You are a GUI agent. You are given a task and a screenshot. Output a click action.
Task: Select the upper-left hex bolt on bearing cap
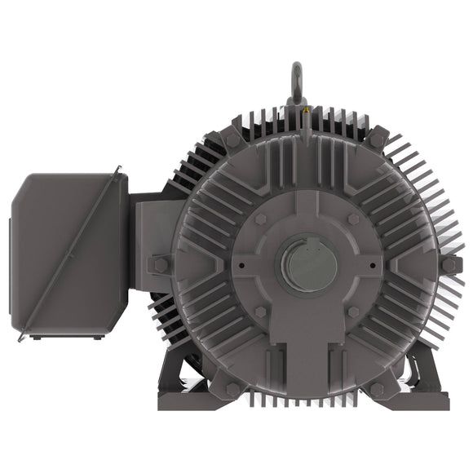click(260, 219)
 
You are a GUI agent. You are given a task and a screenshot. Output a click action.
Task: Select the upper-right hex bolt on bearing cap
click(353, 219)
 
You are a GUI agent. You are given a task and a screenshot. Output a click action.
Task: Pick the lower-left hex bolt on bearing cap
click(260, 312)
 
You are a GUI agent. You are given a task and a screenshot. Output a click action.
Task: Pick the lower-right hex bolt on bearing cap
click(353, 312)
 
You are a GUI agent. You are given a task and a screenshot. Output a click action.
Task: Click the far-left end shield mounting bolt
click(159, 264)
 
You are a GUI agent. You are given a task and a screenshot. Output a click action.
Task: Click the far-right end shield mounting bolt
click(449, 265)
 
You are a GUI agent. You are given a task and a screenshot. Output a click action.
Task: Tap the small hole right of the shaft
click(372, 265)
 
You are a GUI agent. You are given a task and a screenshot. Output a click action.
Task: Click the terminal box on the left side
click(69, 254)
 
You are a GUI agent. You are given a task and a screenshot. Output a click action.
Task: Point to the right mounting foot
click(424, 391)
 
